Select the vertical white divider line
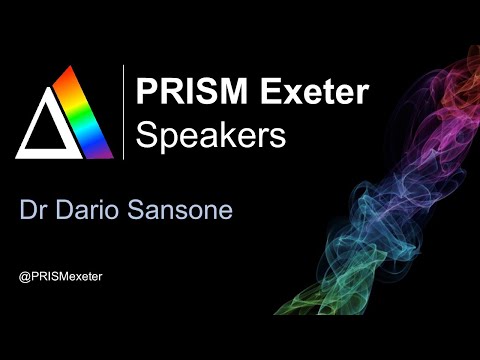click(123, 112)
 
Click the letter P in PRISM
click(146, 93)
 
